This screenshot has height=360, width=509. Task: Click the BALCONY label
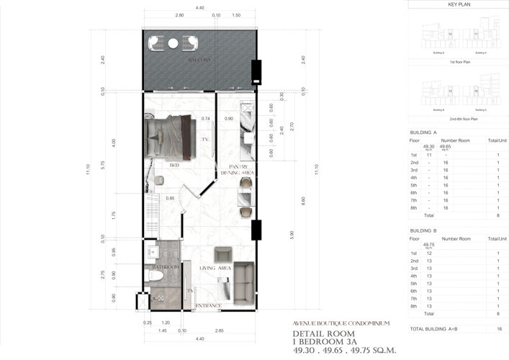(x=199, y=60)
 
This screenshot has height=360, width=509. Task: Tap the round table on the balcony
(x=173, y=43)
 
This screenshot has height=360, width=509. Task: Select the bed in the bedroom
(x=171, y=138)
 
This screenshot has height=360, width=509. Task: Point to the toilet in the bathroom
(x=154, y=274)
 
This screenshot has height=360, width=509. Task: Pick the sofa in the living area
(x=243, y=279)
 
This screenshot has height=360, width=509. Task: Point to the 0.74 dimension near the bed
(x=205, y=118)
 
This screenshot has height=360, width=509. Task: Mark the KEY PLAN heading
(x=459, y=4)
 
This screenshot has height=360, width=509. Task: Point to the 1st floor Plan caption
(x=459, y=63)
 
